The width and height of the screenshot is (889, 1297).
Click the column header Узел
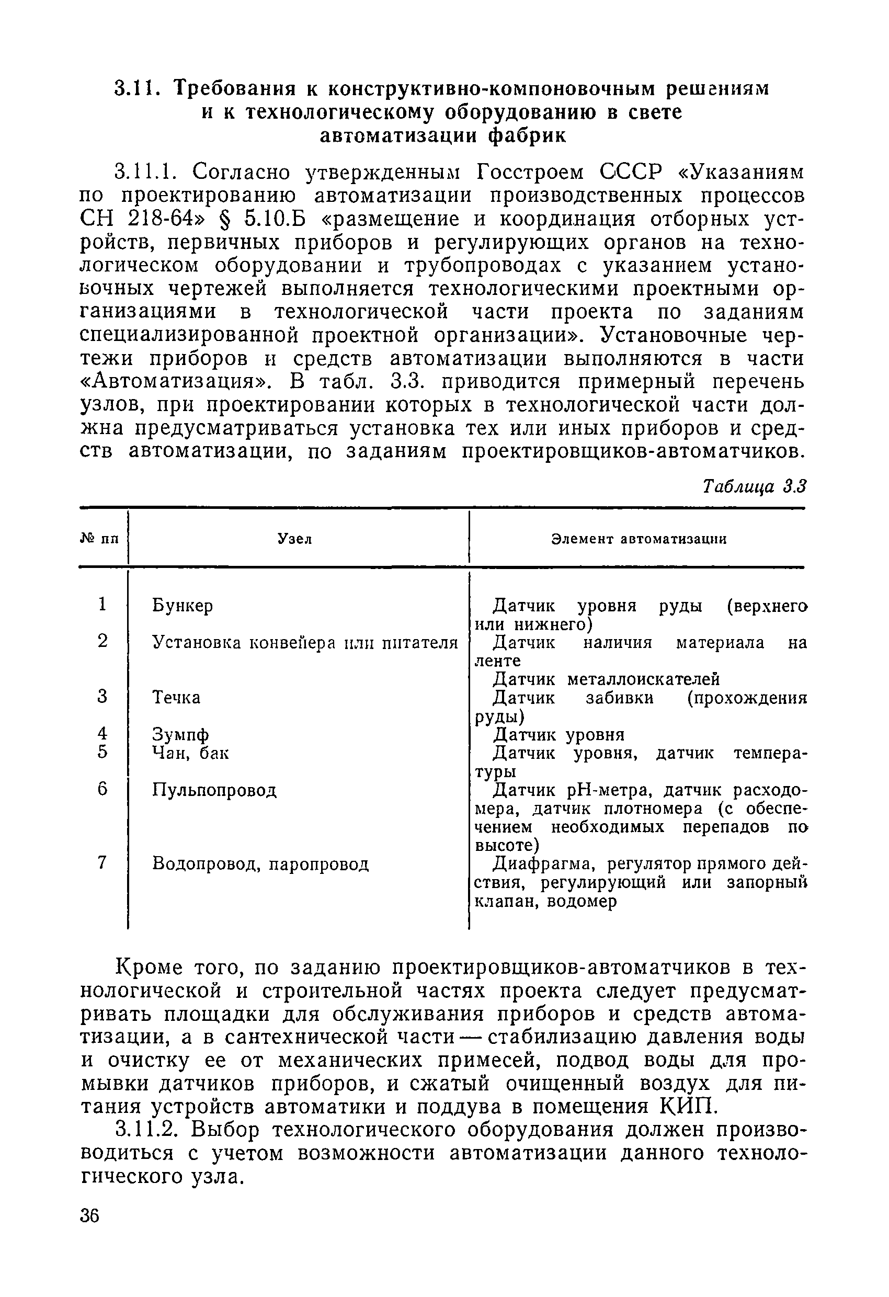pyautogui.click(x=294, y=539)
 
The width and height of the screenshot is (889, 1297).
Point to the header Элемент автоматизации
pyautogui.click(x=639, y=539)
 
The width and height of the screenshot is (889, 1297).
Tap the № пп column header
pyautogui.click(x=100, y=539)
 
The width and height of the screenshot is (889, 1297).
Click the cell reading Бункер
pyautogui.click(x=183, y=606)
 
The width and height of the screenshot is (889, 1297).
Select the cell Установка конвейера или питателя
pyautogui.click(x=305, y=643)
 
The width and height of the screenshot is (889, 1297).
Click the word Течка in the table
pyautogui.click(x=176, y=698)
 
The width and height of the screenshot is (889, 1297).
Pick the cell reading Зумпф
pyautogui.click(x=181, y=734)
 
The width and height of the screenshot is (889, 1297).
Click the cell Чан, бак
pyautogui.click(x=190, y=754)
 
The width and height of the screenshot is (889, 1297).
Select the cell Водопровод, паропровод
pyautogui.click(x=260, y=864)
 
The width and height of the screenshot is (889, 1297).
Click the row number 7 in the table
pyautogui.click(x=101, y=863)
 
